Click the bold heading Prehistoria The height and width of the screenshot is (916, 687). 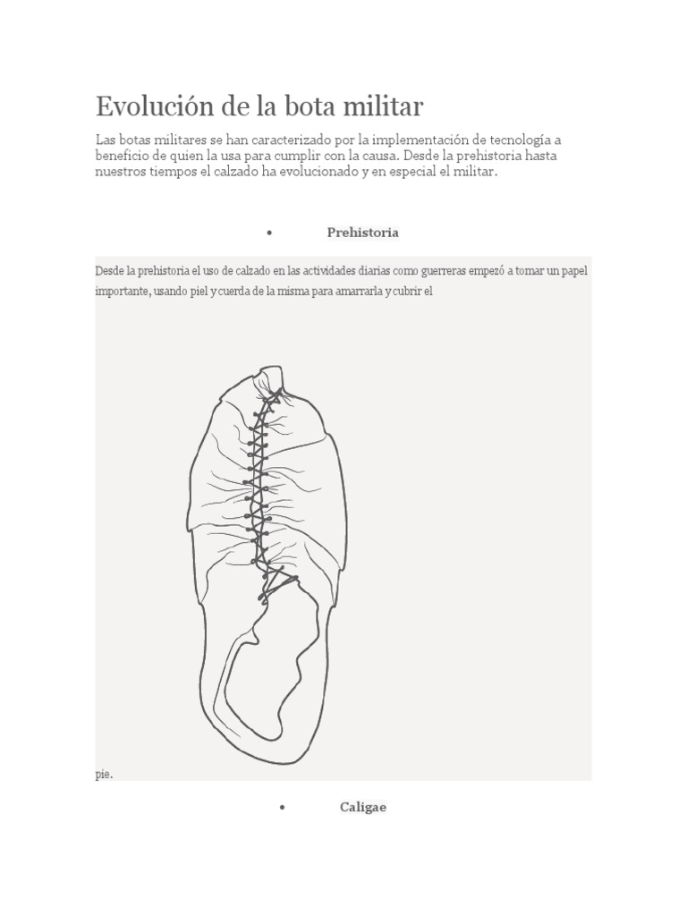click(362, 233)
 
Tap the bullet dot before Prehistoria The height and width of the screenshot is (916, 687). click(268, 233)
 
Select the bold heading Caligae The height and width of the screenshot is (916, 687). click(362, 807)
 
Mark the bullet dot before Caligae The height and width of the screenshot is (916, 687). click(282, 808)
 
